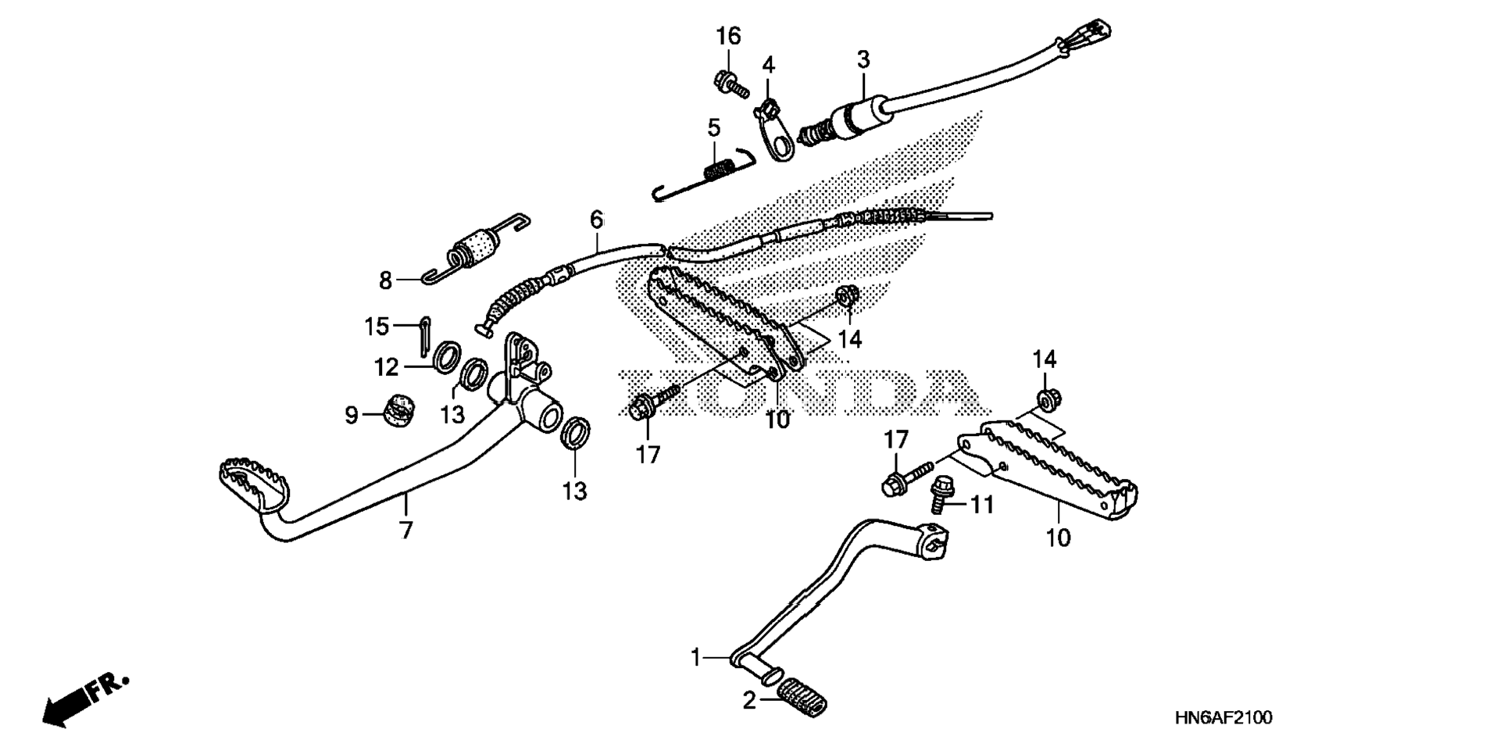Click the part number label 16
tap(728, 36)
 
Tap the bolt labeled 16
tap(730, 83)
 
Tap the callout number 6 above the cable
tap(597, 220)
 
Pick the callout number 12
tap(386, 366)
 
